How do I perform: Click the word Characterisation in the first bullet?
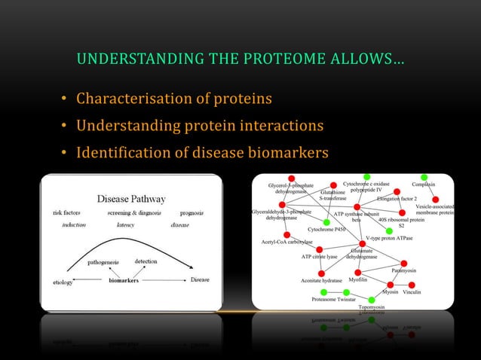[140, 99]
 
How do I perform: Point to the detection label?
[146, 261]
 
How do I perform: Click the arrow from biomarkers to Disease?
[167, 280]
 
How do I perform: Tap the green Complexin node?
[424, 178]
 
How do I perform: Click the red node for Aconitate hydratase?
[322, 273]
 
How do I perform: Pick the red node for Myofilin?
[358, 271]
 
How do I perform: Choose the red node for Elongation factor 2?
[397, 192]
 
